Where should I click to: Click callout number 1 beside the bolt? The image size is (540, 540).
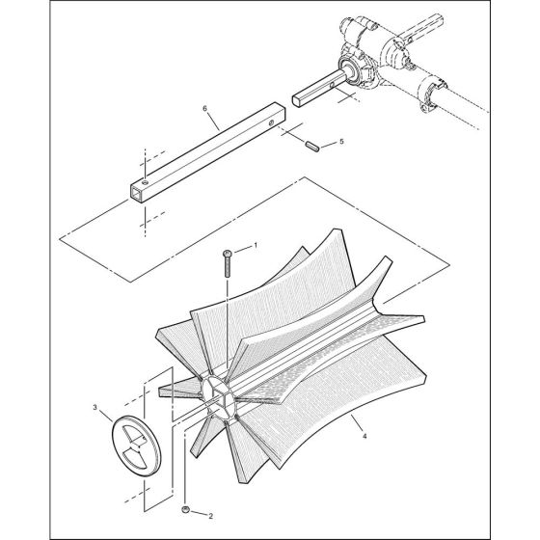tap(256, 245)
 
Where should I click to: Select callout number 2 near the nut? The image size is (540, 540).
tap(210, 516)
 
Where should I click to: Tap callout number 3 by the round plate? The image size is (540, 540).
tap(95, 407)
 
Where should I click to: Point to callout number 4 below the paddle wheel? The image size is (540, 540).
tap(364, 436)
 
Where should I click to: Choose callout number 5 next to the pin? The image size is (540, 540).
tap(341, 142)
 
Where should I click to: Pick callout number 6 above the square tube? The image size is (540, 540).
tap(204, 108)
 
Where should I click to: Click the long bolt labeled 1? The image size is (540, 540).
tap(228, 263)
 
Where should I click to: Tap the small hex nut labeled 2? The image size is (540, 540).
tap(185, 509)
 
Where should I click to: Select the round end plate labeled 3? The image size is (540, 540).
tap(136, 446)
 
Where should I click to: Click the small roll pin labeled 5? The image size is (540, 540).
tap(312, 146)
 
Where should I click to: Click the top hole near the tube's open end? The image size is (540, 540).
tap(146, 181)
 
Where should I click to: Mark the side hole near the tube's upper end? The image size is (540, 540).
tap(271, 121)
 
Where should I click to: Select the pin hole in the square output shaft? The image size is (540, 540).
tap(332, 84)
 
